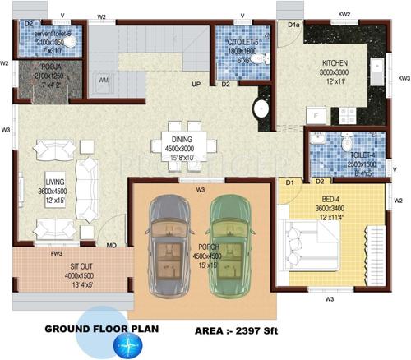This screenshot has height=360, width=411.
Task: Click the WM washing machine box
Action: pos(104,80)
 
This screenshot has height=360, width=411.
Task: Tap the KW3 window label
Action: pos(403,79)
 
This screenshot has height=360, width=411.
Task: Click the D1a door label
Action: pos(293,25)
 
